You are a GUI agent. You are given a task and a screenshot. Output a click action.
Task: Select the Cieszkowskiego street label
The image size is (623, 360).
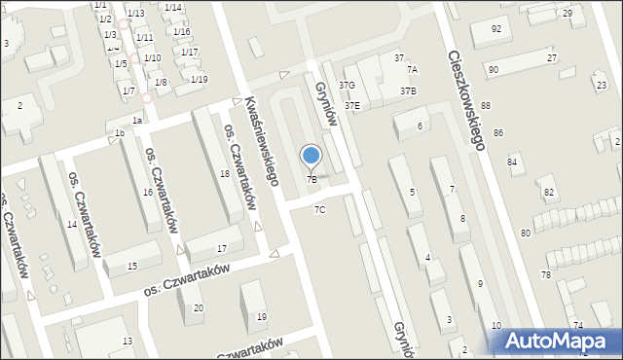(x=466, y=99)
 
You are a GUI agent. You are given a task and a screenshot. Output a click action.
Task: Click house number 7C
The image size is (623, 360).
(x=319, y=210)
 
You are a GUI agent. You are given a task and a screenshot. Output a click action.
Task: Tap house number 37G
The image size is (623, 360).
(x=347, y=86)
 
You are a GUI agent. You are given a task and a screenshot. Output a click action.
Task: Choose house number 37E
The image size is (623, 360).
(x=351, y=105)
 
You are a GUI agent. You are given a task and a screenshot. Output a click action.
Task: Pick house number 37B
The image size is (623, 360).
(x=408, y=90)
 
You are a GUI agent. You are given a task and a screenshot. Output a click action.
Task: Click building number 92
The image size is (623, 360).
(x=496, y=29)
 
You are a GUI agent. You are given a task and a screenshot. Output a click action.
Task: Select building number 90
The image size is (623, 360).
(x=494, y=70)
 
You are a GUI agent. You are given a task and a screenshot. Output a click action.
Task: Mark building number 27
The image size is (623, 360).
(x=552, y=58)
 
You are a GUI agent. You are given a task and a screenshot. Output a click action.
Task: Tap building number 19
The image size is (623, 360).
(x=261, y=317)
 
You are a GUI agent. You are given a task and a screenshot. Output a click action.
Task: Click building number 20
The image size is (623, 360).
(x=199, y=308)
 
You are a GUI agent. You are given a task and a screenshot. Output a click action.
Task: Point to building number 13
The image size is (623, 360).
(x=128, y=341)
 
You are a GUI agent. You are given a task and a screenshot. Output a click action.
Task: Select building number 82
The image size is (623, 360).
(x=549, y=193)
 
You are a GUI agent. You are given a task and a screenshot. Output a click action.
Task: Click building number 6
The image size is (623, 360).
(x=421, y=126)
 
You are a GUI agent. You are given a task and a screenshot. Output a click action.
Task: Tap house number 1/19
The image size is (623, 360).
(x=199, y=79)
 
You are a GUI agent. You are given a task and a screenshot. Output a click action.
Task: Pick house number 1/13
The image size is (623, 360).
(x=136, y=13)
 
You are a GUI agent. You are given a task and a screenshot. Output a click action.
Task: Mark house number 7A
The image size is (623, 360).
(x=412, y=70)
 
